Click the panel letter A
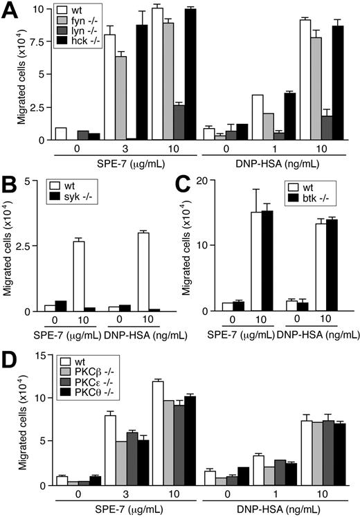tap(10, 11)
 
